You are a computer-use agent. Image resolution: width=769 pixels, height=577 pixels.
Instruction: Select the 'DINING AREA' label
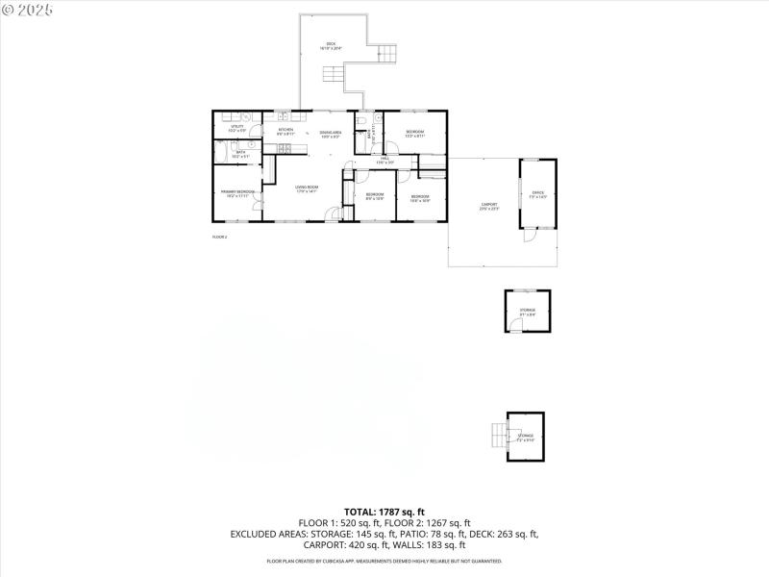[331, 133]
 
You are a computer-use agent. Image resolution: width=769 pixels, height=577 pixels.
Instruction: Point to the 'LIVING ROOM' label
[307, 188]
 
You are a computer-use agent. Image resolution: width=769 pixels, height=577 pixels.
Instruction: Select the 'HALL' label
[384, 160]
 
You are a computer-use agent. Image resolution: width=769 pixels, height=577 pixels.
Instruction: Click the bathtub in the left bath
[220, 153]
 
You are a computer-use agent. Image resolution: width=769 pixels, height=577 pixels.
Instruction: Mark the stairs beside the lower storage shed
[497, 436]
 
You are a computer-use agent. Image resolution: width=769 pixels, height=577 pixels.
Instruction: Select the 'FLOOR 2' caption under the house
[219, 236]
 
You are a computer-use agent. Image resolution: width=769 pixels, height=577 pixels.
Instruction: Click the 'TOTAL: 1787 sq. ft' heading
[384, 511]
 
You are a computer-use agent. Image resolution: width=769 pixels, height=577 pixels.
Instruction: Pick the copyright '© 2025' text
[28, 9]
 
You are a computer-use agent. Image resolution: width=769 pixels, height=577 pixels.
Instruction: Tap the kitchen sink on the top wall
[285, 116]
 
